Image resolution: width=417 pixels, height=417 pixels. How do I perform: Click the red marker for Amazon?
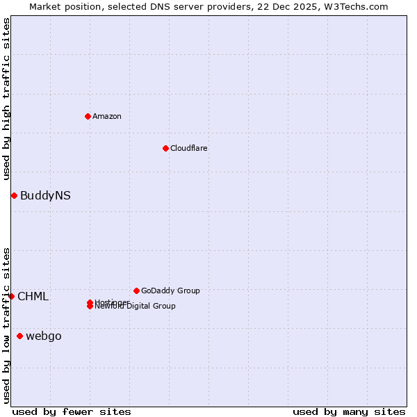pyautogui.click(x=88, y=116)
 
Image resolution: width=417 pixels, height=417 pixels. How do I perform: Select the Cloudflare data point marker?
pyautogui.click(x=165, y=148)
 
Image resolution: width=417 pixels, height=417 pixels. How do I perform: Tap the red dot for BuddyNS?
pyautogui.click(x=14, y=195)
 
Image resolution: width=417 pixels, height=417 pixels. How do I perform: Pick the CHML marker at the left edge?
pyautogui.click(x=11, y=296)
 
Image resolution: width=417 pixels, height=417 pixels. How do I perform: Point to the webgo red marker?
pyautogui.click(x=19, y=336)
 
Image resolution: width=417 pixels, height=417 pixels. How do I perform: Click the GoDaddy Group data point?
pyautogui.click(x=136, y=291)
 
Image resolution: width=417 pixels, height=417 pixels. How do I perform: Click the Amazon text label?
pyautogui.click(x=107, y=116)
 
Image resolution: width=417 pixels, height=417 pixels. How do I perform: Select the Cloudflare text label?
pyautogui.click(x=189, y=148)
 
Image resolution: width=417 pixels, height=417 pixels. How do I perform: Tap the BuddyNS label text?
pyautogui.click(x=45, y=196)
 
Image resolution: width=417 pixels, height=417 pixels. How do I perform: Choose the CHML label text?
pyautogui.click(x=33, y=297)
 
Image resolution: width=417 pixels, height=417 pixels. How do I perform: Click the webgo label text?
pyautogui.click(x=44, y=336)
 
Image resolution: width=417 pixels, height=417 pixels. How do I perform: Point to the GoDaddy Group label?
pyautogui.click(x=170, y=291)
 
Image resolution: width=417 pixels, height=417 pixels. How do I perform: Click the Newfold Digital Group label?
pyautogui.click(x=136, y=306)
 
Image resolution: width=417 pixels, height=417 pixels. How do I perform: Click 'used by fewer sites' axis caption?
pyautogui.click(x=72, y=411)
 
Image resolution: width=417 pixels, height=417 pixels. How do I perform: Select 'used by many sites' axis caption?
pyautogui.click(x=349, y=411)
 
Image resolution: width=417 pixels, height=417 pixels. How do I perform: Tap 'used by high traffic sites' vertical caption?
pyautogui.click(x=6, y=99)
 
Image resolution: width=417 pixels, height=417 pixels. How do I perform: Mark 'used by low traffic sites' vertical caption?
pyautogui.click(x=6, y=325)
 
